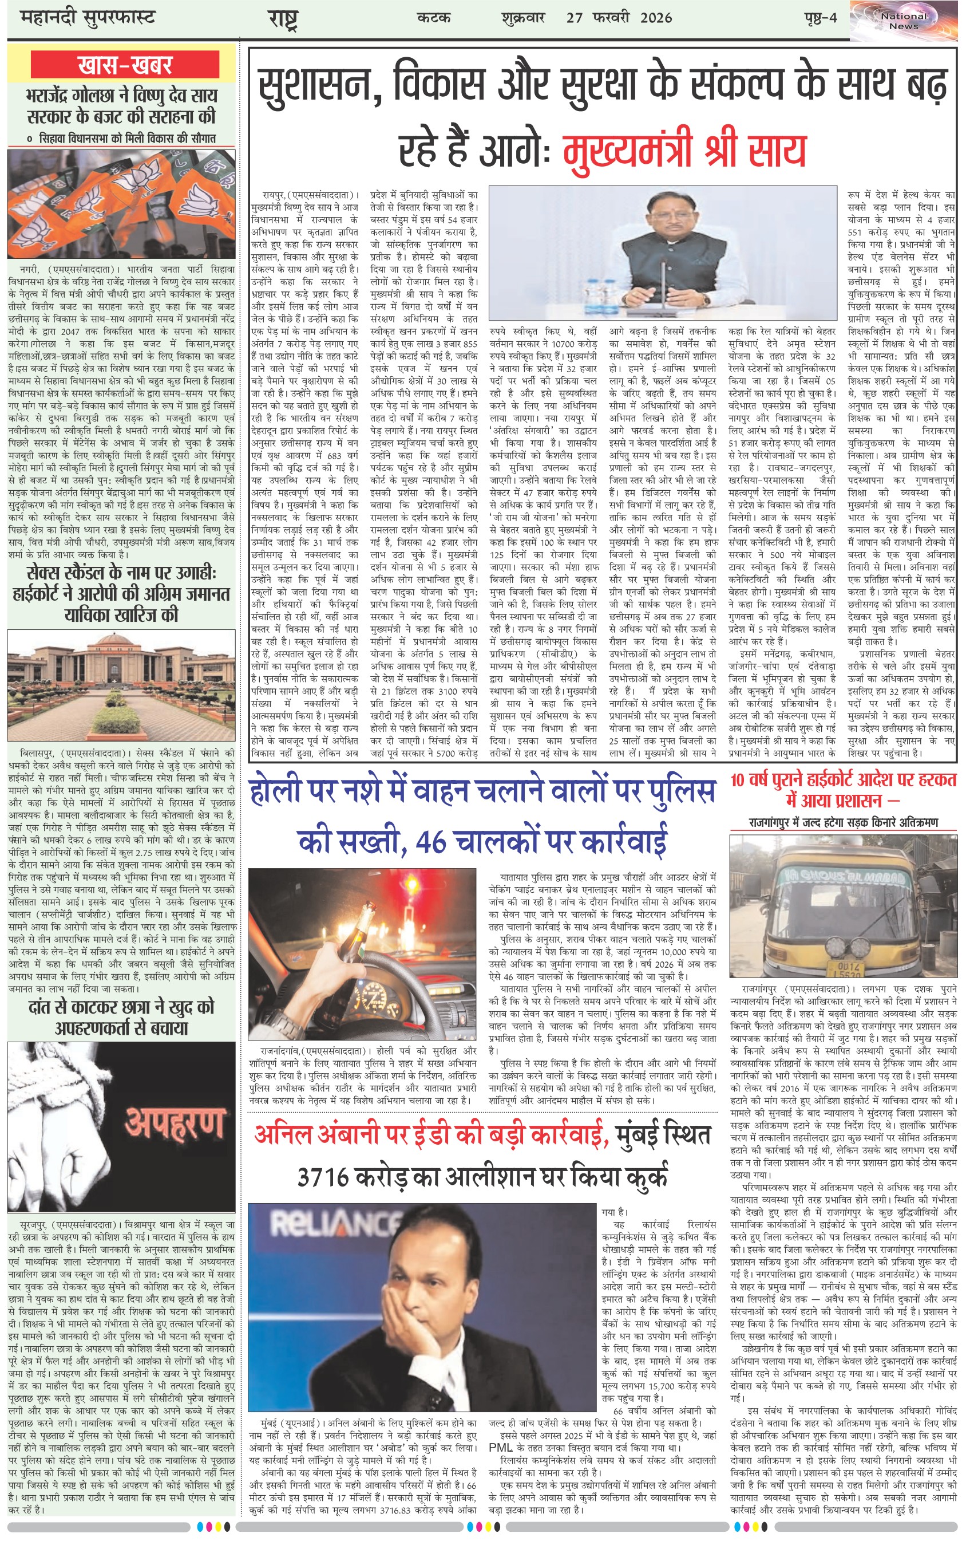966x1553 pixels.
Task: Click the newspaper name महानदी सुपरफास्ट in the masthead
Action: (x=88, y=17)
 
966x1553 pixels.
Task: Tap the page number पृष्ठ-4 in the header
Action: (x=820, y=17)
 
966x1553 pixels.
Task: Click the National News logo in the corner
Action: (x=904, y=21)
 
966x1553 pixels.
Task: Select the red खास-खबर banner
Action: (x=125, y=65)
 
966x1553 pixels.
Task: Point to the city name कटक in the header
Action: (x=434, y=17)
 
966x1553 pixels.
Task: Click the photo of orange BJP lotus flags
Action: (x=121, y=204)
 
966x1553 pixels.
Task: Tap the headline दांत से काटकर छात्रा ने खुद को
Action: (x=121, y=1008)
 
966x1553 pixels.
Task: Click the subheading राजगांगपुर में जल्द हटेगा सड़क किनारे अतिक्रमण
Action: (x=844, y=822)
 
